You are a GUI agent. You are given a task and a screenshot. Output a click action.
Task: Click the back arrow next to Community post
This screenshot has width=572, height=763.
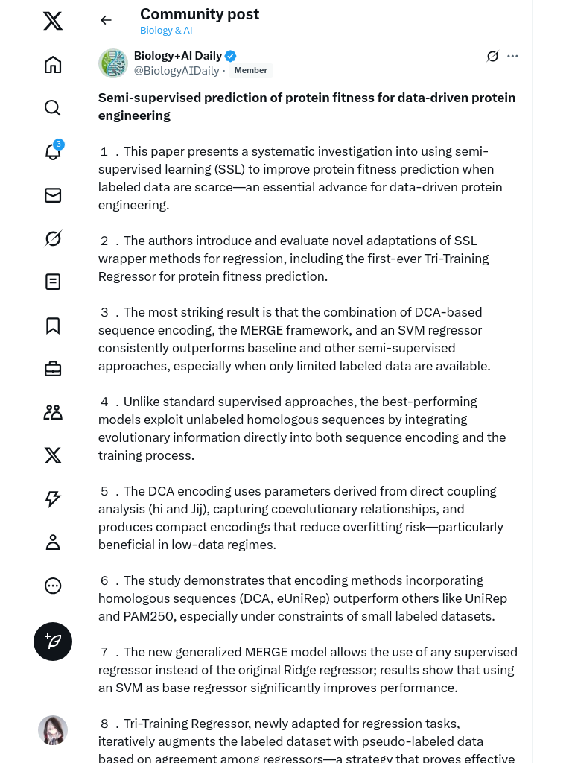click(106, 20)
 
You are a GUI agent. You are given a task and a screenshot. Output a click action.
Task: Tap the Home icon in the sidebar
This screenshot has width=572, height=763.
click(53, 65)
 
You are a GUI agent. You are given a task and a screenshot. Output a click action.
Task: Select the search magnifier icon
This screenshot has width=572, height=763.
click(53, 108)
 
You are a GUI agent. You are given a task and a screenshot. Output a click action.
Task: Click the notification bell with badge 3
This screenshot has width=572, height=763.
click(53, 151)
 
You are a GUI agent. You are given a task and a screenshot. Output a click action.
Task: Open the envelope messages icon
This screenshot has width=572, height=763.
click(53, 195)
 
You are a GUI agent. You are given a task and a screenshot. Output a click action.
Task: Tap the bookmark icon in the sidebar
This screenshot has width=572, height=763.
click(53, 326)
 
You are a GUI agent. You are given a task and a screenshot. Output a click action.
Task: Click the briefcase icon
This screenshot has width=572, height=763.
click(53, 369)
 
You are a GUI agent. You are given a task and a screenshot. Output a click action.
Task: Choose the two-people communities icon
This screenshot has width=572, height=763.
click(53, 412)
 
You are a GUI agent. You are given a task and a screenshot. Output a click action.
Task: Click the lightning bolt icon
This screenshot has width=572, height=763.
click(53, 498)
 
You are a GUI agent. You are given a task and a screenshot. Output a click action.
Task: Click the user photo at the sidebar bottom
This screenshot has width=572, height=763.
click(53, 730)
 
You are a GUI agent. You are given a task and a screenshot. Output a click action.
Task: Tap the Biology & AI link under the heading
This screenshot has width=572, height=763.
click(166, 31)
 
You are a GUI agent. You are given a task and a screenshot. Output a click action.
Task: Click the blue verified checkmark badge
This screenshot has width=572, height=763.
click(231, 56)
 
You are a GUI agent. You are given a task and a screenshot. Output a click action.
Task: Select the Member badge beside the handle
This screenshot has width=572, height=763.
click(251, 71)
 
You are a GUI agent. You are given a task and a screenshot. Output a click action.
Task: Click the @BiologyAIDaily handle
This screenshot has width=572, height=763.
click(177, 71)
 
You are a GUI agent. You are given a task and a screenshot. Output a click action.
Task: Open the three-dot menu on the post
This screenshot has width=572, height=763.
click(512, 56)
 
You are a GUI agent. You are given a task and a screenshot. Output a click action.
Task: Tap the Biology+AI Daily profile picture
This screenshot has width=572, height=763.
click(113, 63)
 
